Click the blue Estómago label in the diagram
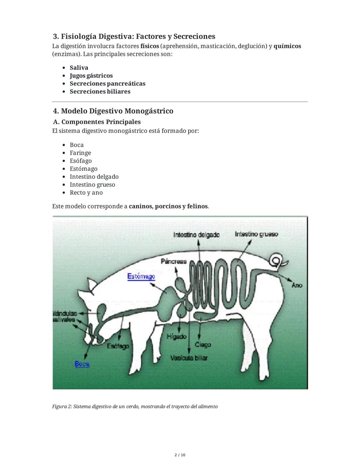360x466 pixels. click(x=141, y=277)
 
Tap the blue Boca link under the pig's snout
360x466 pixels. click(x=82, y=364)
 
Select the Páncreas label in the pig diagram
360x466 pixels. click(x=174, y=261)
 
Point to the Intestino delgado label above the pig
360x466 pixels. click(x=196, y=235)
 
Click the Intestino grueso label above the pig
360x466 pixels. click(x=256, y=234)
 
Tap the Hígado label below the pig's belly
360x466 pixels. click(x=176, y=337)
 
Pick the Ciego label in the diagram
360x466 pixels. click(x=203, y=344)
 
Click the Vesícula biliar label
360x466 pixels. click(x=189, y=358)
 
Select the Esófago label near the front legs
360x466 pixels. click(x=118, y=346)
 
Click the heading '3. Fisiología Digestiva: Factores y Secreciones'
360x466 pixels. click(x=134, y=36)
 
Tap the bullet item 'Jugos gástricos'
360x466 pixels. click(x=91, y=76)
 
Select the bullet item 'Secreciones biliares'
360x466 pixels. click(x=100, y=91)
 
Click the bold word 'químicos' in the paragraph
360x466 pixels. click(x=287, y=46)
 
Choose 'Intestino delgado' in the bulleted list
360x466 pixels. click(x=94, y=176)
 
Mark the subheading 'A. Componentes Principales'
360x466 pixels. click(x=97, y=122)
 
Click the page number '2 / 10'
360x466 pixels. click(x=180, y=455)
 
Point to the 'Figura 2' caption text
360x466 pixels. click(x=135, y=406)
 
